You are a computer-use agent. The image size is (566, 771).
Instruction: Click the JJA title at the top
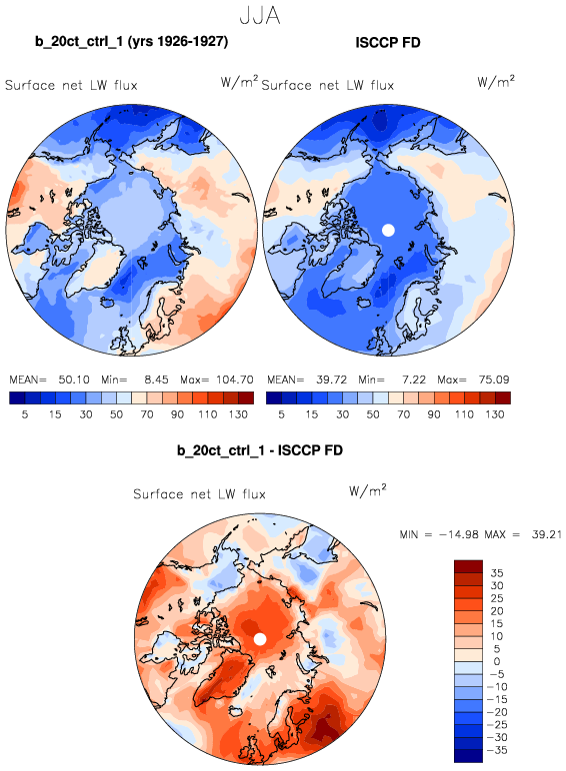260,16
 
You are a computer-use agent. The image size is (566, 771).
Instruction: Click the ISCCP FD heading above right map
388,43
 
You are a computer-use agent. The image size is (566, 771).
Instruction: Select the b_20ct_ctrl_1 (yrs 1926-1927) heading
131,41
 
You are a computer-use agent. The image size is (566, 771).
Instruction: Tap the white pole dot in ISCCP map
388,230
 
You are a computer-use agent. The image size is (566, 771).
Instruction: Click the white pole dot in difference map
260,639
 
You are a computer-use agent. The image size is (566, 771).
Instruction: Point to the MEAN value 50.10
74,380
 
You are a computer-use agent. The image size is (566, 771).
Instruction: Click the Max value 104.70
235,380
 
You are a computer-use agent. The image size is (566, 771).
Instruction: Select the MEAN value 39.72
331,380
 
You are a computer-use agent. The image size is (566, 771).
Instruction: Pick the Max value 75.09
494,380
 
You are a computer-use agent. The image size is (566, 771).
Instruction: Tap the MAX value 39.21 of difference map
546,534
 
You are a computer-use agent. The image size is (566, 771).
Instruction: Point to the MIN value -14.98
459,534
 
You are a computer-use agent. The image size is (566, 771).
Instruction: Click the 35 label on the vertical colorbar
497,573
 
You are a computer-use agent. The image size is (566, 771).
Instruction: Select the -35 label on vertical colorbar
497,750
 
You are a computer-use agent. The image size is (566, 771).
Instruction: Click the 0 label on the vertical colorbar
497,661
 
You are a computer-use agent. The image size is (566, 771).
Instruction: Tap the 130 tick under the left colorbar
238,414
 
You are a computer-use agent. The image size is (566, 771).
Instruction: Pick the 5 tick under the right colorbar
281,414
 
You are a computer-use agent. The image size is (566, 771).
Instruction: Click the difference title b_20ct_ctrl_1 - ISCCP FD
260,449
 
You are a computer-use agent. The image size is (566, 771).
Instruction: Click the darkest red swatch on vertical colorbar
469,566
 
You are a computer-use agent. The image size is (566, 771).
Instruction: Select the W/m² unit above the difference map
368,490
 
